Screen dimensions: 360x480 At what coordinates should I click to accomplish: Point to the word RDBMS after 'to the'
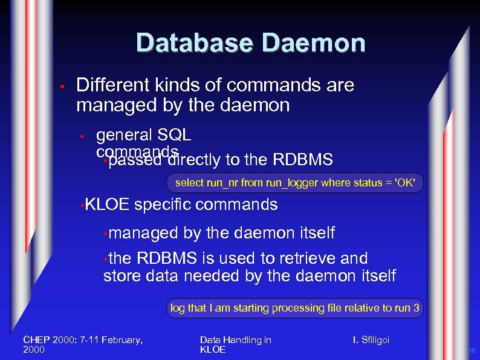[x=303, y=160]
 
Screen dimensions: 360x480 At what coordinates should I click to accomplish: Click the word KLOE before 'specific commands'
[x=107, y=205]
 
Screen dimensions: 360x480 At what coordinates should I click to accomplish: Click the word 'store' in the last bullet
[x=122, y=277]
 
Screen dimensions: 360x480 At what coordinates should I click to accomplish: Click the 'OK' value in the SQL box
[x=405, y=182]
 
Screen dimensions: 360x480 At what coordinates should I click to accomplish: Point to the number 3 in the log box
[x=416, y=308]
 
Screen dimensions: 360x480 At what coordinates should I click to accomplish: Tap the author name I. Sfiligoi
[x=371, y=340]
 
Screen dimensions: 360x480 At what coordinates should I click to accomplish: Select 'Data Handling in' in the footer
[x=235, y=340]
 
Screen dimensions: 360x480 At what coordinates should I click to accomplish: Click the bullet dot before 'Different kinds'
[x=62, y=86]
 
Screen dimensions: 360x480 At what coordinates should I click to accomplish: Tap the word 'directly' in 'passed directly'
[x=195, y=160]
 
